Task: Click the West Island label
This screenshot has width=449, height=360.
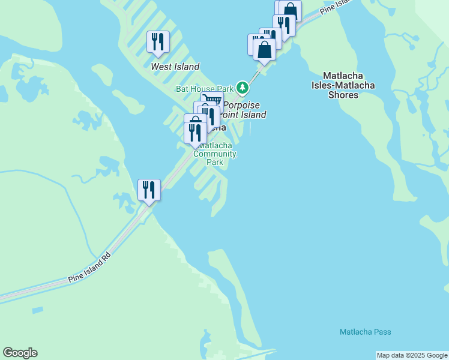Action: pos(175,67)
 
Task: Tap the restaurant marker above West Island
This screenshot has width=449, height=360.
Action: pos(158,42)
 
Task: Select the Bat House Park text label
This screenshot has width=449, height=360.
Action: pos(204,89)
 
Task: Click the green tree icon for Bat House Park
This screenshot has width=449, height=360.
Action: pos(243,88)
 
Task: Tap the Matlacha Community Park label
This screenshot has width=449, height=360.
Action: pos(216,154)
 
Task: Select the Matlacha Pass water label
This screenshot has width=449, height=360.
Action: pos(365,332)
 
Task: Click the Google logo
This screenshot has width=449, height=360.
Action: pos(20,353)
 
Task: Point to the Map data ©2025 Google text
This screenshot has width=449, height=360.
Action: pos(411,355)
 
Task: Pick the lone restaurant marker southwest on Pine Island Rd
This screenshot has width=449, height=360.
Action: pos(148,190)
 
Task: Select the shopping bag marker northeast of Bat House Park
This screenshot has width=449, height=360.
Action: pos(264,50)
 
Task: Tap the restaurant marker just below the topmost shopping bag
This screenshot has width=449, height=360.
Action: pos(284,25)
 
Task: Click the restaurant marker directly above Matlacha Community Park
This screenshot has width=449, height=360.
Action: pos(195,131)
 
